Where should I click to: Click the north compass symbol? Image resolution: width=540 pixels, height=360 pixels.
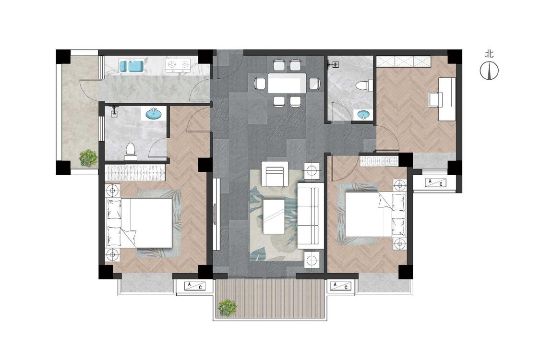(489, 71)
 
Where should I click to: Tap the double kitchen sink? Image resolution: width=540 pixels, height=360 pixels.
(131, 65)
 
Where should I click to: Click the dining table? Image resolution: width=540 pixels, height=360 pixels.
(287, 83)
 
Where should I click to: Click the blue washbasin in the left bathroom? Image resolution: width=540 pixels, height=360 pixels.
(154, 114)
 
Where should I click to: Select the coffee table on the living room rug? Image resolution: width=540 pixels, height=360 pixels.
(274, 216)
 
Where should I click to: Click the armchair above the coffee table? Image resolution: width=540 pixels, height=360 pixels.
(275, 173)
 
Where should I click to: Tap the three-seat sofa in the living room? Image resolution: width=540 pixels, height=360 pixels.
(311, 216)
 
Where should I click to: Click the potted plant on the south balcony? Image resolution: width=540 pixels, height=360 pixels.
(228, 307)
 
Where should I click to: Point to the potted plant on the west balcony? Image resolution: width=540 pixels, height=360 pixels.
(88, 158)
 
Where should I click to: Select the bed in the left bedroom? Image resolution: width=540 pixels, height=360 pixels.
(140, 222)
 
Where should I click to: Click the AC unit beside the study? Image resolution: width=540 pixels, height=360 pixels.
(435, 182)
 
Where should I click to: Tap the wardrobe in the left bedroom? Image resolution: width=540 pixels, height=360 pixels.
(135, 173)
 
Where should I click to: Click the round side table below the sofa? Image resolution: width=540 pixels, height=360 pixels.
(312, 259)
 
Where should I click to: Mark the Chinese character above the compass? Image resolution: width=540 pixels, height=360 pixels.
(489, 54)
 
